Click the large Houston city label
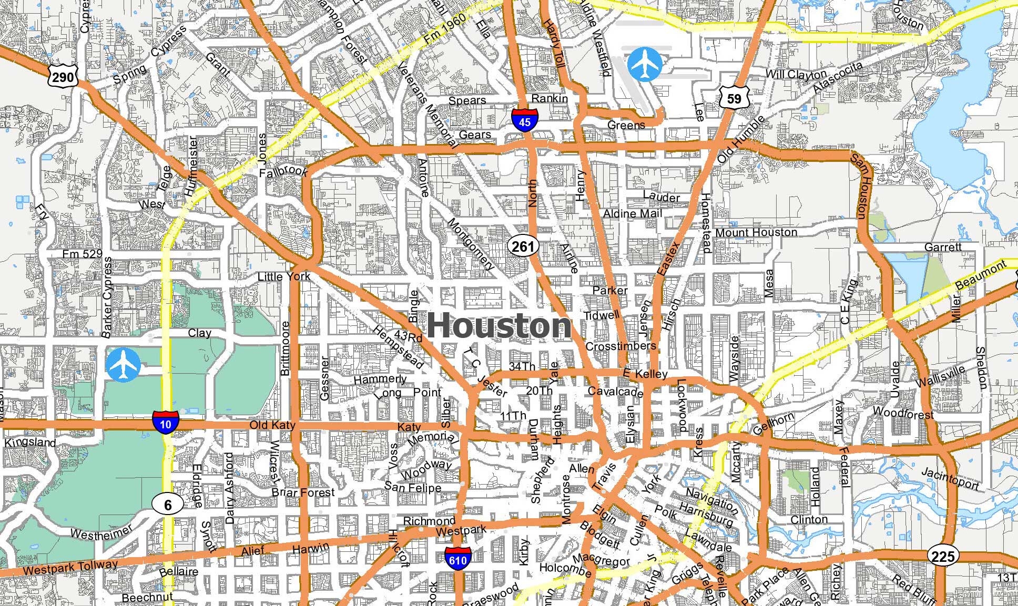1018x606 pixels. coord(498,326)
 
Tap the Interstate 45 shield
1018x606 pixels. coord(524,119)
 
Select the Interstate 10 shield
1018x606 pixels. coord(166,422)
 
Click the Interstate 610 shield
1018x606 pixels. coord(457,559)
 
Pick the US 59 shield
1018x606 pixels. coord(734,98)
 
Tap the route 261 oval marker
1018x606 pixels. coord(523,246)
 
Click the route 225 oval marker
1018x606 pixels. coord(943,556)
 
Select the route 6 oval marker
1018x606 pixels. coord(168,505)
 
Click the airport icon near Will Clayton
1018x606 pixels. coord(645,64)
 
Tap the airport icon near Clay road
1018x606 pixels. coord(123,365)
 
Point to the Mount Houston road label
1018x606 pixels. coord(756,232)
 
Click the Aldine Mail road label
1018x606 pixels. coord(633,214)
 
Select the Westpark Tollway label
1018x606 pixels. coord(71,568)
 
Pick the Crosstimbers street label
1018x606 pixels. coord(620,346)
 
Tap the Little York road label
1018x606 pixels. coord(283,276)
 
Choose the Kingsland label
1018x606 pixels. coord(30,443)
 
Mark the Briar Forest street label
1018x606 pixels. coord(303,492)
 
